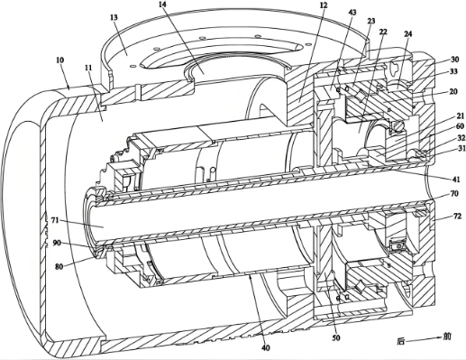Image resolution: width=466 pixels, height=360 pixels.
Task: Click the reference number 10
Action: (59, 60)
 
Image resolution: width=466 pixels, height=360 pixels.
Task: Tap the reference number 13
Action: (114, 17)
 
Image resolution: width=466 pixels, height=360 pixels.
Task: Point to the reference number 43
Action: (352, 13)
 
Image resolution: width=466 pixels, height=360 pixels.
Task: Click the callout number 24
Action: (407, 33)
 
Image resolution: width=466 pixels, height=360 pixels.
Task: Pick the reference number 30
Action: (455, 60)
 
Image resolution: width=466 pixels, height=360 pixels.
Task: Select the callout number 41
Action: (456, 180)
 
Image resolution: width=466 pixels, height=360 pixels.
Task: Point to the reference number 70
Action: (454, 193)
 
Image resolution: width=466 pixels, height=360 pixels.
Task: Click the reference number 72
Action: (457, 216)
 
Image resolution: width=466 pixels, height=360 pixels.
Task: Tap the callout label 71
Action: (54, 220)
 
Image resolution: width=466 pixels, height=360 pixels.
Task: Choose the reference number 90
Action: (58, 243)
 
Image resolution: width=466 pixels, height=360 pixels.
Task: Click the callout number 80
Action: (59, 266)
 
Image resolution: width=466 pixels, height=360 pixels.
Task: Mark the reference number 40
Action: (266, 348)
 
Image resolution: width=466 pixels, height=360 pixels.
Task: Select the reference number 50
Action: (336, 337)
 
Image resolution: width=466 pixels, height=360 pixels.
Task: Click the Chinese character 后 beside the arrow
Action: (401, 341)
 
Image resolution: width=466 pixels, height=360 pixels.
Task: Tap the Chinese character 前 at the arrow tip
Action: (448, 337)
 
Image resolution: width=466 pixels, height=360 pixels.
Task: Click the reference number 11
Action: (88, 68)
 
